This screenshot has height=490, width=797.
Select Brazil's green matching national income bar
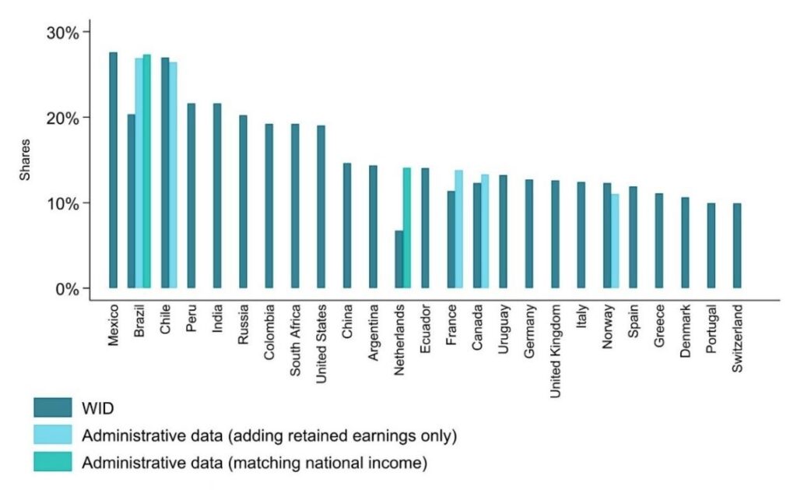[147, 171]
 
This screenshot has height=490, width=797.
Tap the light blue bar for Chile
[173, 175]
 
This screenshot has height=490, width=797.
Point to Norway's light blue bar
[614, 241]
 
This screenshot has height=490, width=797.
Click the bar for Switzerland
[737, 245]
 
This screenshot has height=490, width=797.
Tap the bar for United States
[321, 206]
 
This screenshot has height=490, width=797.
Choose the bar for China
[347, 225]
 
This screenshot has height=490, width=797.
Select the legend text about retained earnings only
[269, 435]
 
